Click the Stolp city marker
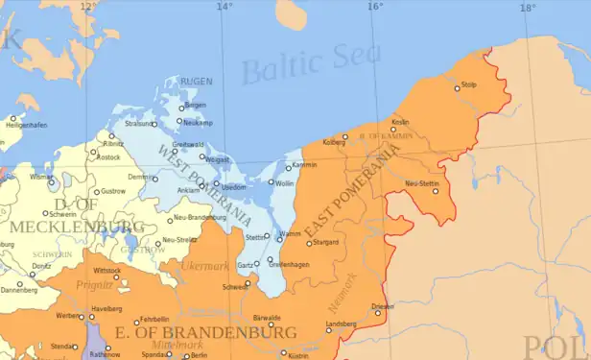pos(458,88)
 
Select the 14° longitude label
pos(224,7)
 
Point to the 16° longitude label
pos(374,7)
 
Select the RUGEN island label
pos(196,81)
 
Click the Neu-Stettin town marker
pos(435,190)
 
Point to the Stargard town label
pos(326,243)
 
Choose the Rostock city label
pos(108,157)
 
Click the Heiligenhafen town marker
pos(8,118)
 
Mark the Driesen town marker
pos(378,313)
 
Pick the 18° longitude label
pos(527,7)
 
